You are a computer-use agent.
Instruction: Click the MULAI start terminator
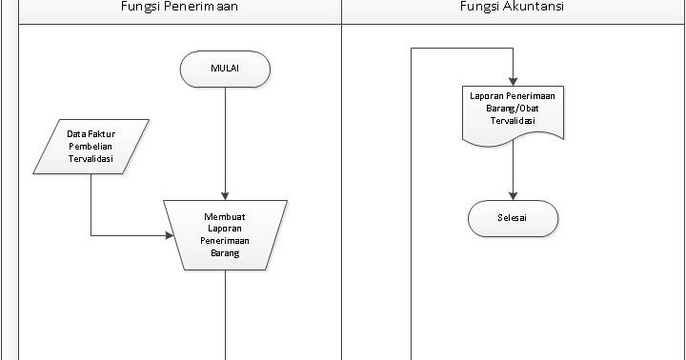[225, 67]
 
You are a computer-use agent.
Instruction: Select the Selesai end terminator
[513, 219]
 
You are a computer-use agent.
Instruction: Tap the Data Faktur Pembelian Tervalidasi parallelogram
[91, 147]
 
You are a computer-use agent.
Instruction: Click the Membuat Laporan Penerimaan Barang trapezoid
[225, 235]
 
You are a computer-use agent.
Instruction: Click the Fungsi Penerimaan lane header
[179, 8]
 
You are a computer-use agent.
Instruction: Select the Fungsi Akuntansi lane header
[513, 8]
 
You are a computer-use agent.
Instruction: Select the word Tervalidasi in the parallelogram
[91, 160]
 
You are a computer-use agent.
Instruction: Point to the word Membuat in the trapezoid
[225, 216]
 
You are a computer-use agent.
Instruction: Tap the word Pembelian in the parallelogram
[91, 147]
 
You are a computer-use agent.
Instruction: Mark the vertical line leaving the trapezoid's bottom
[225, 314]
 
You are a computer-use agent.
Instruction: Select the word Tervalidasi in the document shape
[514, 121]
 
